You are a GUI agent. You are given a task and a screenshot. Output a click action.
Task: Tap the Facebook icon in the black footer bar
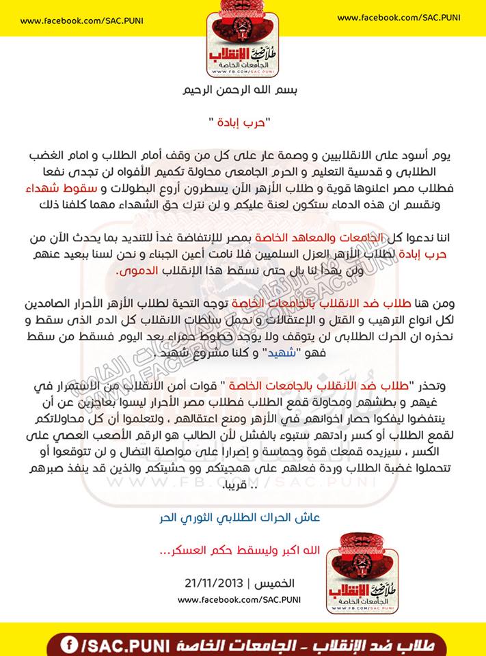pos(69,644)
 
